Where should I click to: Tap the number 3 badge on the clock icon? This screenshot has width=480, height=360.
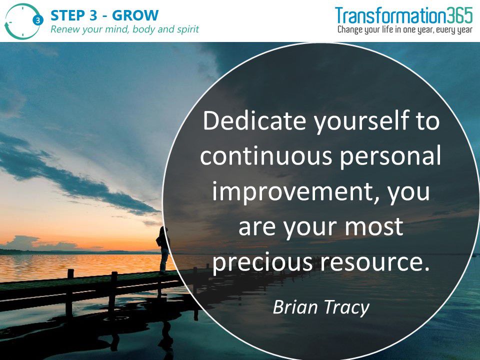point(37,20)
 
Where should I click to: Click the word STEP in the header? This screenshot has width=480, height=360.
point(67,15)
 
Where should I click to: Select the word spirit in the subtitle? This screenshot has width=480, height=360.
point(187,29)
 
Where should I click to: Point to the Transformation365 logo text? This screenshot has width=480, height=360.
point(404,15)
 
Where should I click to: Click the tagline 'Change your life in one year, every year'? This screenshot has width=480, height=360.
point(405,29)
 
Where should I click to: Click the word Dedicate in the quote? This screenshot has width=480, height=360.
point(254,120)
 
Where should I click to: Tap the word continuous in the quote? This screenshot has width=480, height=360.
point(266,155)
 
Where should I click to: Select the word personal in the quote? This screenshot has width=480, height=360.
point(390,156)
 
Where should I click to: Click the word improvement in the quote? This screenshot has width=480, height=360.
point(294,191)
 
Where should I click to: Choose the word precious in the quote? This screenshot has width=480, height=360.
point(262,263)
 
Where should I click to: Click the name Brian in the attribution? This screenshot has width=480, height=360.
point(295,306)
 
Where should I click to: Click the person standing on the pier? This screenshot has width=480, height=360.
point(163,249)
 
